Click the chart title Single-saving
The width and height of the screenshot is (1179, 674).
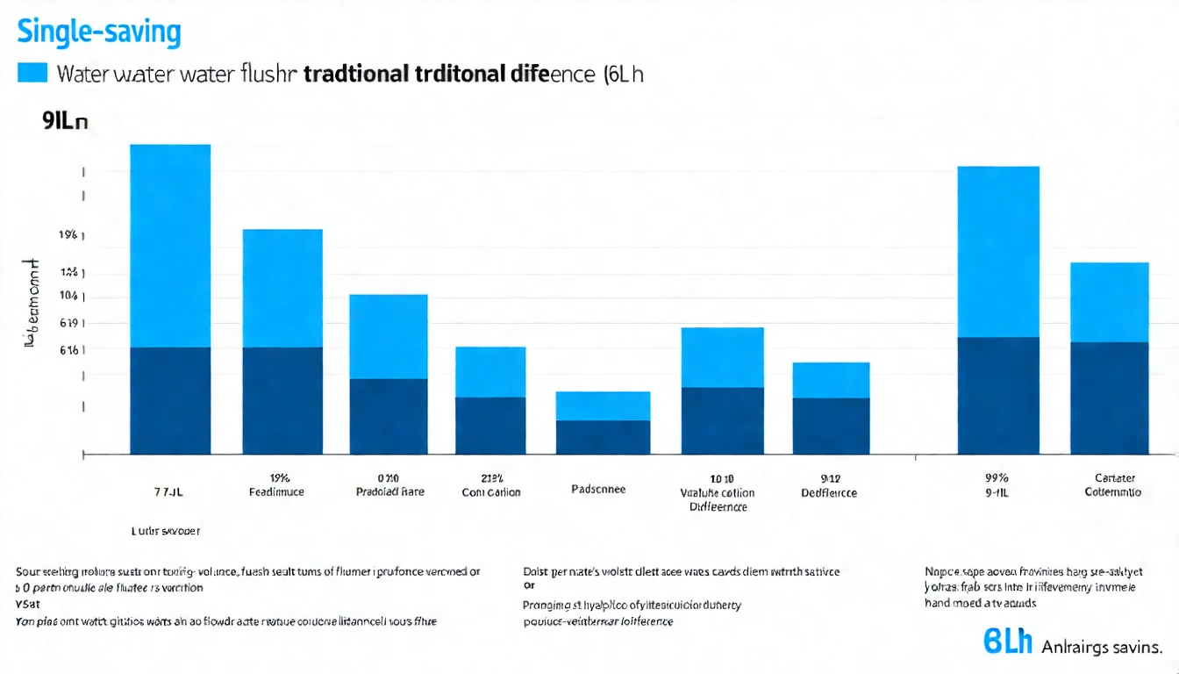point(98,32)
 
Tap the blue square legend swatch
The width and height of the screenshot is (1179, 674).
point(32,73)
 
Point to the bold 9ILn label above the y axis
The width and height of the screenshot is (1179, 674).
point(64,123)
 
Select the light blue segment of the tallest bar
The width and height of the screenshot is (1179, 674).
point(170,246)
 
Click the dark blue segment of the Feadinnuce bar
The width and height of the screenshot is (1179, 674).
point(282,400)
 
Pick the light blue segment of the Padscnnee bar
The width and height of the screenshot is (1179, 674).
point(603,405)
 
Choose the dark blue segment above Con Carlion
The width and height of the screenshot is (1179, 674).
point(490,426)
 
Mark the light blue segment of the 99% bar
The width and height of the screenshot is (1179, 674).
point(998,252)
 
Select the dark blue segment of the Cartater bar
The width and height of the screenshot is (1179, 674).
point(1110,398)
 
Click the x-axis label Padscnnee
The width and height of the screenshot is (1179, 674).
point(598,489)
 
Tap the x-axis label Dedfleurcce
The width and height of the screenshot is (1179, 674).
point(829,493)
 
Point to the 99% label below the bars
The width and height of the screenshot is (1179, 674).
point(997,478)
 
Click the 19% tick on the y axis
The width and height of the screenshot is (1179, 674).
point(68,235)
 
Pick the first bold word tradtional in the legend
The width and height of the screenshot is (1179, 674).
point(356,74)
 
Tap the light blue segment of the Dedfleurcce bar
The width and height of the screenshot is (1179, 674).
point(831,380)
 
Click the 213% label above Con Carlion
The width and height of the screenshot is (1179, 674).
point(491,478)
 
